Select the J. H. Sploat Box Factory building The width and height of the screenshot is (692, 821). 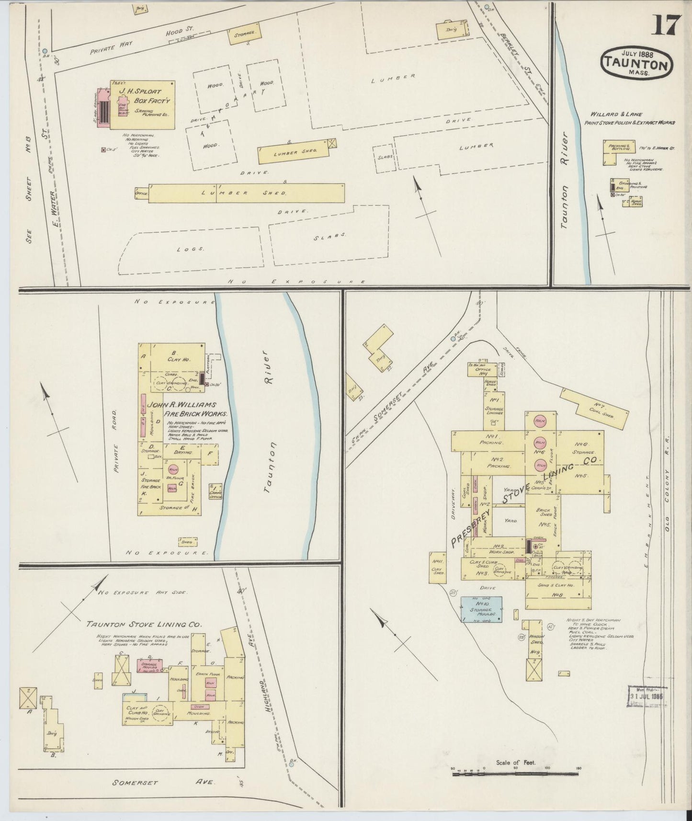(142, 104)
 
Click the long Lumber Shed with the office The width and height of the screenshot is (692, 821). (246, 193)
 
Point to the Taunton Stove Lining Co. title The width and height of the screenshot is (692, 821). (144, 625)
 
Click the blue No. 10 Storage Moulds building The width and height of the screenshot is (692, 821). (482, 609)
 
